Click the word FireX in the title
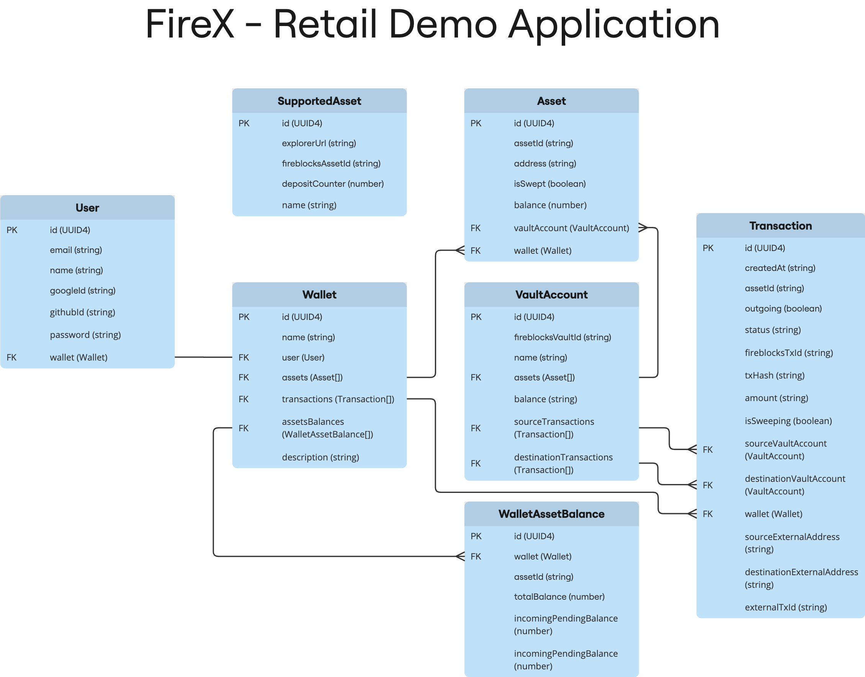pos(190,24)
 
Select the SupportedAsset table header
pos(319,101)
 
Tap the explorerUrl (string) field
pos(319,143)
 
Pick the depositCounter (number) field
pos(333,184)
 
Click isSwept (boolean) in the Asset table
pos(550,184)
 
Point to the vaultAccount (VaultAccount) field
pos(571,228)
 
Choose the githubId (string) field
pos(82,312)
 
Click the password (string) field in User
pos(85,335)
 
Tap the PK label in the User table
pos(12,230)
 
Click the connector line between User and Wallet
pos(203,357)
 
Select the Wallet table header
pos(319,295)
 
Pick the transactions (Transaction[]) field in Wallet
pos(338,399)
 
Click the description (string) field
pos(320,457)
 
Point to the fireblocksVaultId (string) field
pos(562,337)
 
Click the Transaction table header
pos(780,226)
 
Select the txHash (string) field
pos(775,376)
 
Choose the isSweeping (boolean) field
pos(788,421)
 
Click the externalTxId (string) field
pos(786,607)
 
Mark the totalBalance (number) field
pos(559,597)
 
